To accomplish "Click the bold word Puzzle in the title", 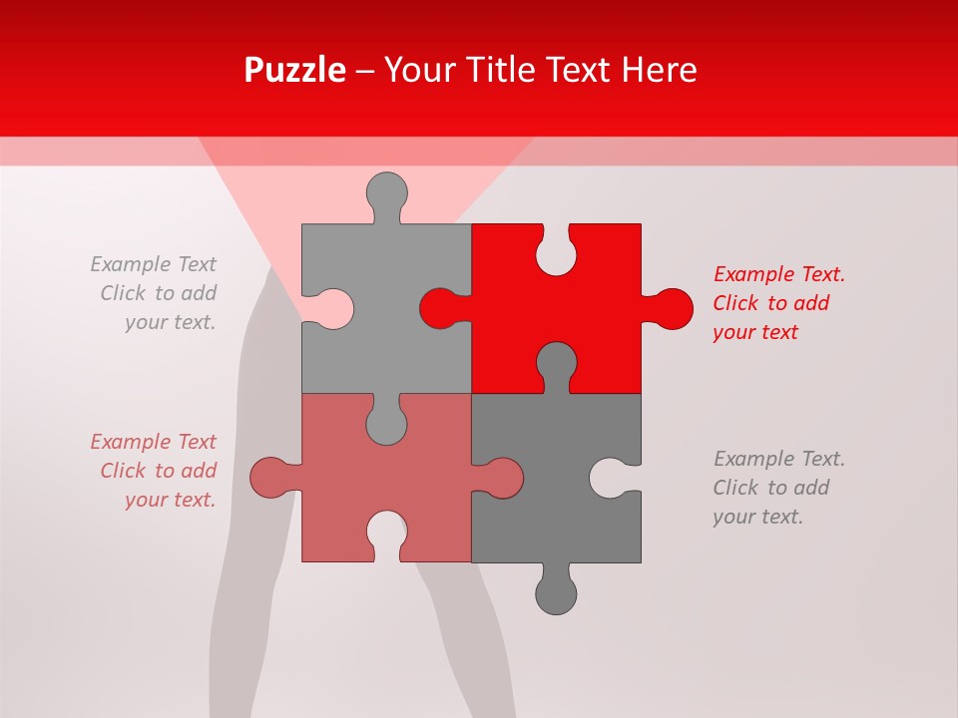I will (x=294, y=70).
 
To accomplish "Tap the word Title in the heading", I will (x=532, y=70).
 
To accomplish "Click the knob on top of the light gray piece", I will (x=386, y=192).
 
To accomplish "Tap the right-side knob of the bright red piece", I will (x=671, y=308).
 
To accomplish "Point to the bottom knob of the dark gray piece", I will (x=556, y=592).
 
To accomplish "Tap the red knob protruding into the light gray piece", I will (x=440, y=308).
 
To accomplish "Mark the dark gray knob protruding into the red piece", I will (x=556, y=363).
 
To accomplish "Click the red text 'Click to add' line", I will (x=770, y=303).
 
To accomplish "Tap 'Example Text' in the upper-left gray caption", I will (x=154, y=264).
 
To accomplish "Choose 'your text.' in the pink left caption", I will (x=171, y=500).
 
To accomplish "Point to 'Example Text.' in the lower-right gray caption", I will (x=778, y=459).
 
